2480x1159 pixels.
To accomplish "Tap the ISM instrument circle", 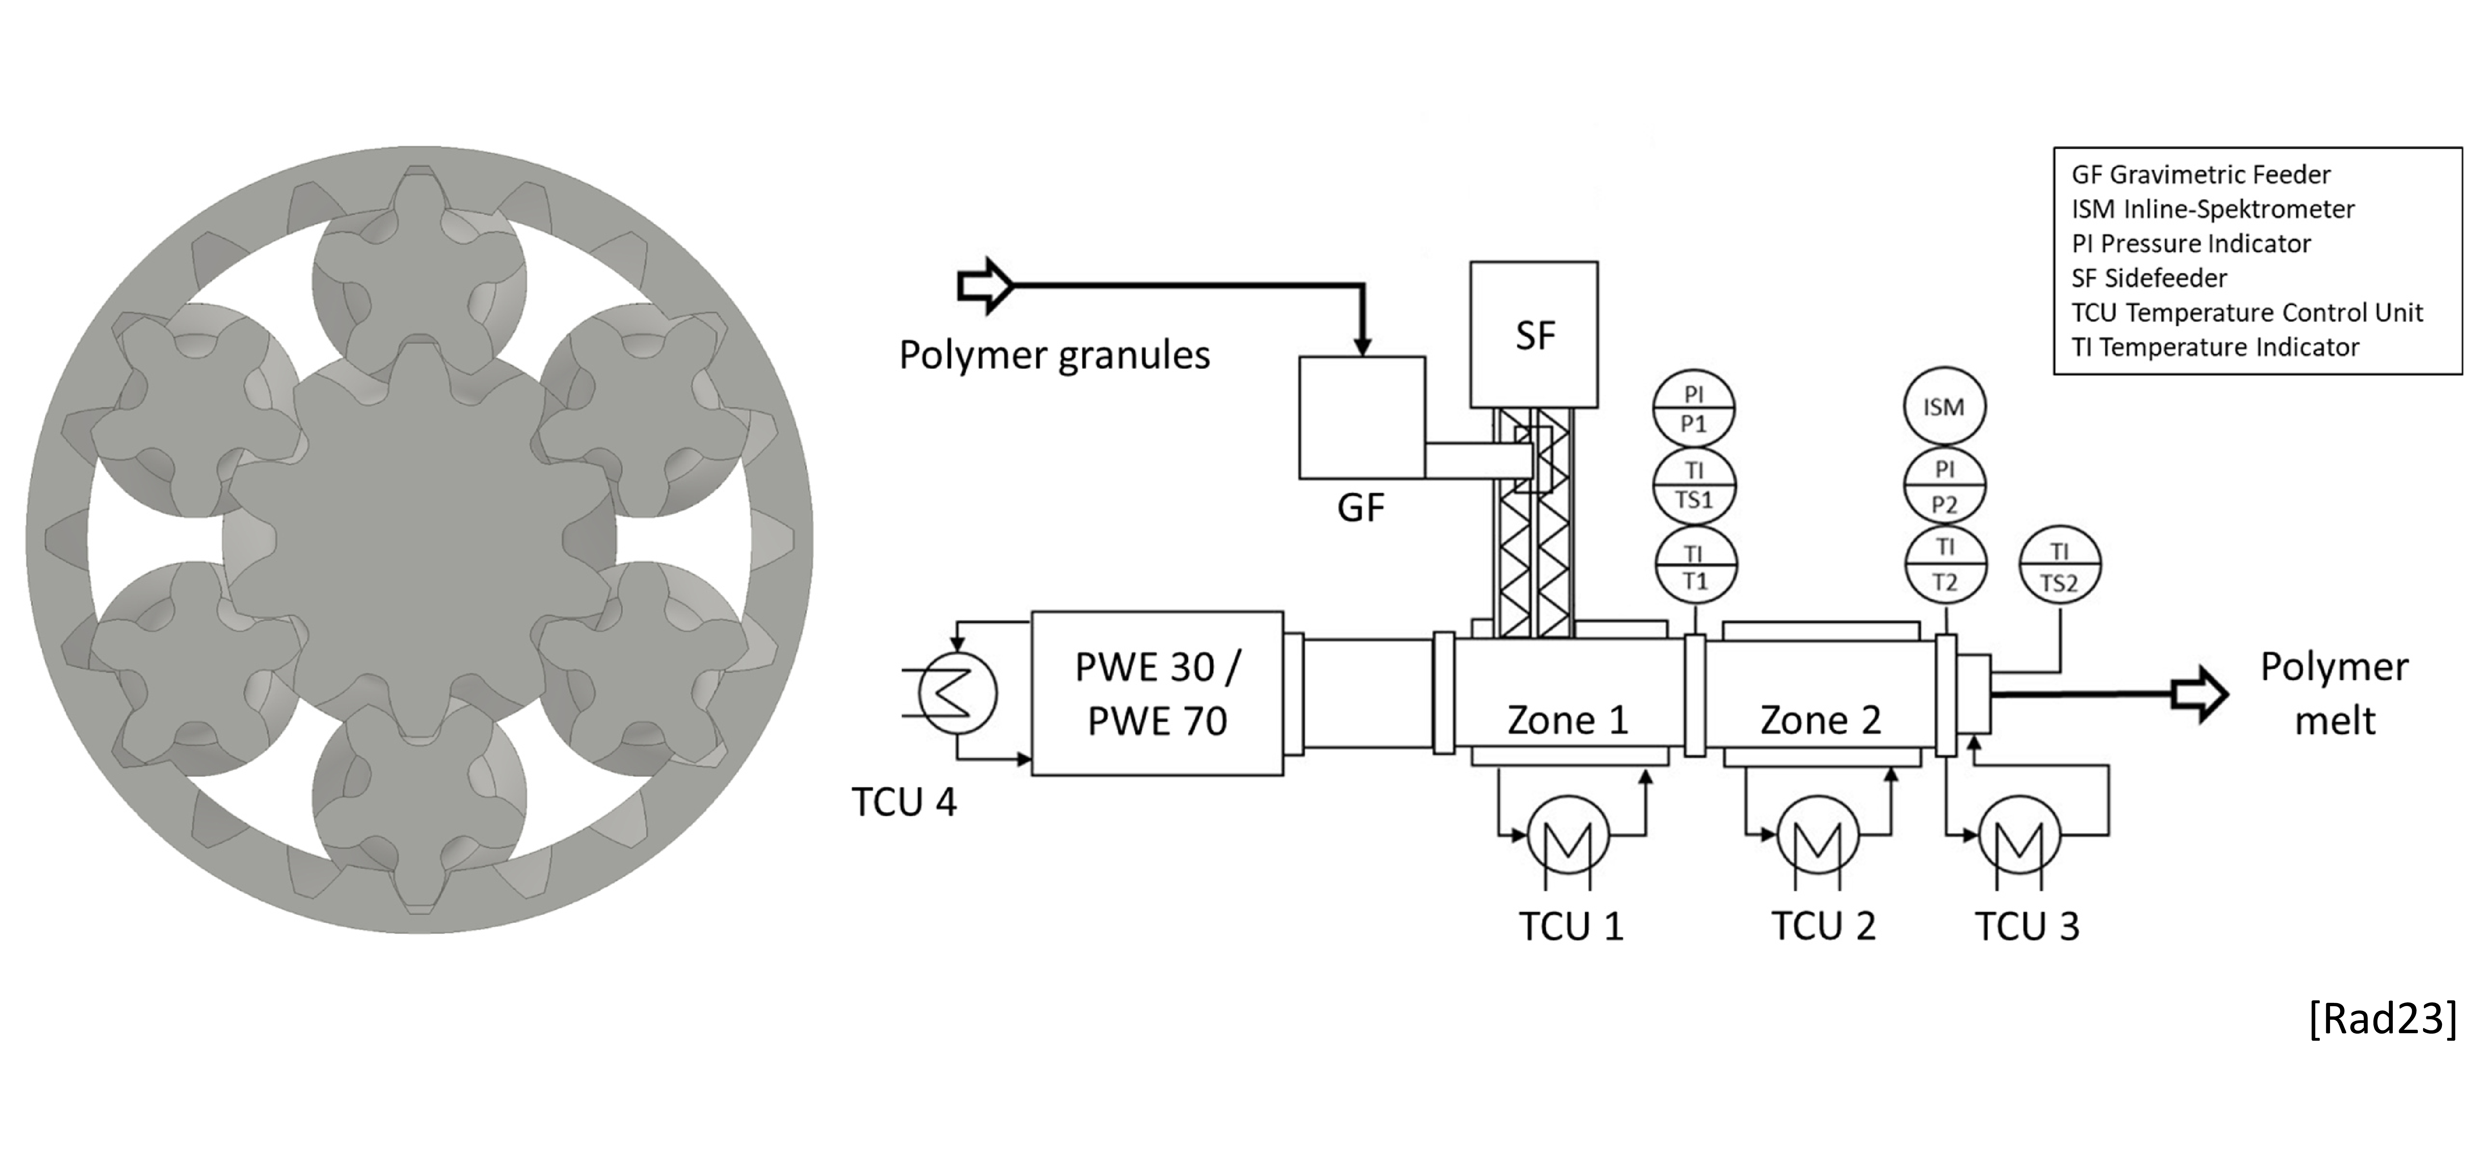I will (x=1944, y=407).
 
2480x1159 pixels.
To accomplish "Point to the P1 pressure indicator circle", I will (x=1694, y=409).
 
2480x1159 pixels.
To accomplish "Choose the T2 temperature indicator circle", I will (x=1945, y=565).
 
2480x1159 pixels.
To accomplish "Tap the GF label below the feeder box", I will (x=1360, y=507).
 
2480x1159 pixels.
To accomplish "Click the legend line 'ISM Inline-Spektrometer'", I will (x=2212, y=209).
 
